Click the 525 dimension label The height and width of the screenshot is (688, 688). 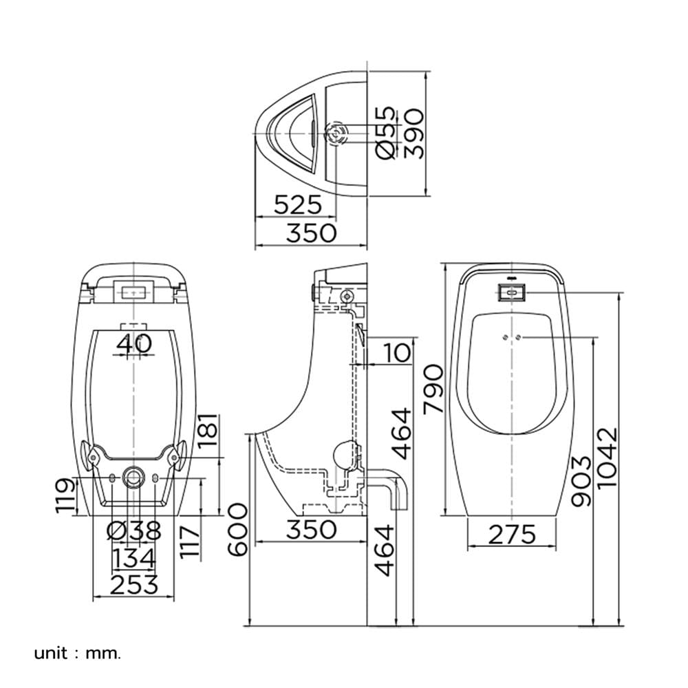pos(298,204)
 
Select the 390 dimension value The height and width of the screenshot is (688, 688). pos(414,133)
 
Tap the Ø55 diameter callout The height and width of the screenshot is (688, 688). pos(386,133)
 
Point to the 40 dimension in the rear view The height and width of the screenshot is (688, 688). pos(134,343)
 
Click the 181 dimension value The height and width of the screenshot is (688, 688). pos(208,429)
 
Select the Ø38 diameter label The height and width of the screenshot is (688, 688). pos(134,531)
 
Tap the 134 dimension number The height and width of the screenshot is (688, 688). pos(134,558)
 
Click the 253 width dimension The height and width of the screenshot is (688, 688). pos(134,585)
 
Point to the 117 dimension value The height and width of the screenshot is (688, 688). pos(191,542)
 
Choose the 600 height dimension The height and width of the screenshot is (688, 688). pos(239,530)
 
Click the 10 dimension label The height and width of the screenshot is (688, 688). pos(397,353)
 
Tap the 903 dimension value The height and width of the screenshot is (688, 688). pos(582,482)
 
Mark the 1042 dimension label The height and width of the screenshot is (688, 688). pos(609,458)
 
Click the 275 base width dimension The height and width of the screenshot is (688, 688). pos(512,535)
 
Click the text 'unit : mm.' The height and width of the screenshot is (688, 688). pos(77,654)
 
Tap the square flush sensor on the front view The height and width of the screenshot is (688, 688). pos(512,292)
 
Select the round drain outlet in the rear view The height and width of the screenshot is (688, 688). pos(133,477)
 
